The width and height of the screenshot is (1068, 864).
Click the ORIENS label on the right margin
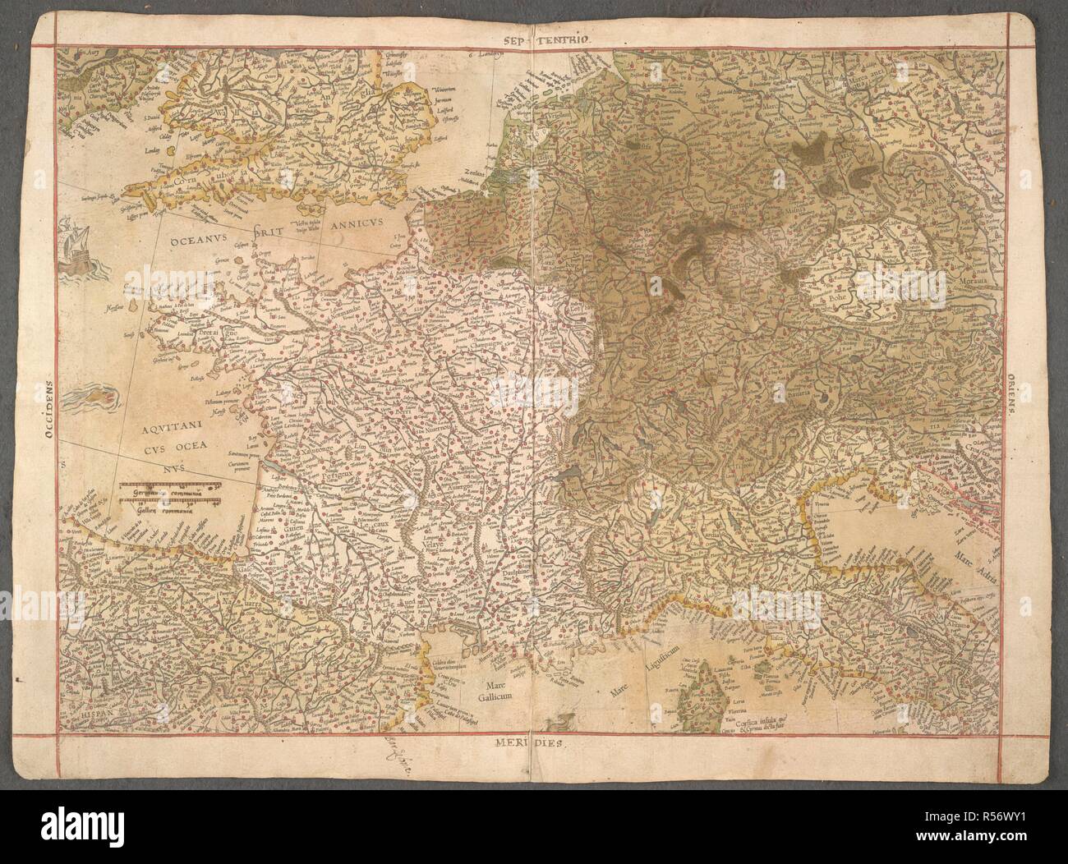pyautogui.click(x=1016, y=393)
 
